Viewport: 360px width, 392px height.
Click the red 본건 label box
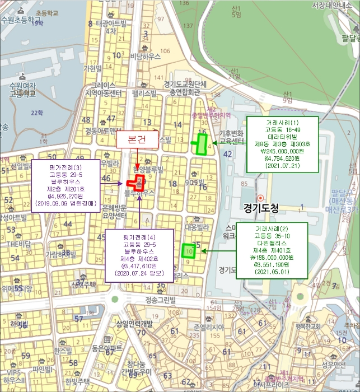pyautogui.click(x=137, y=139)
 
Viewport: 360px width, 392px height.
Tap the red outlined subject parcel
pyautogui.click(x=136, y=183)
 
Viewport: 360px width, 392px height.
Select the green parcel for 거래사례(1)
pyautogui.click(x=201, y=143)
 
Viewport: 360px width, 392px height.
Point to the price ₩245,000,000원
pyautogui.click(x=282, y=151)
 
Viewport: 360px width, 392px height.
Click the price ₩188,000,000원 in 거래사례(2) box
pyautogui.click(x=271, y=257)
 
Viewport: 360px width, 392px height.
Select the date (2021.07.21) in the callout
pyautogui.click(x=282, y=166)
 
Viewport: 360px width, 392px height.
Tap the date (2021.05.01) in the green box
pyautogui.click(x=271, y=272)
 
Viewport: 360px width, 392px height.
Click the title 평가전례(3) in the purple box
pyautogui.click(x=66, y=166)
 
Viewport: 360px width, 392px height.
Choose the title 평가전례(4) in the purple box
pyautogui.click(x=139, y=237)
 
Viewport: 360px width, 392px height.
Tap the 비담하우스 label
pyautogui.click(x=146, y=57)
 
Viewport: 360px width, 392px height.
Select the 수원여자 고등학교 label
pyautogui.click(x=22, y=90)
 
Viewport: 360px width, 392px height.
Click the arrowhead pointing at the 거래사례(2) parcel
pyautogui.click(x=203, y=250)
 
